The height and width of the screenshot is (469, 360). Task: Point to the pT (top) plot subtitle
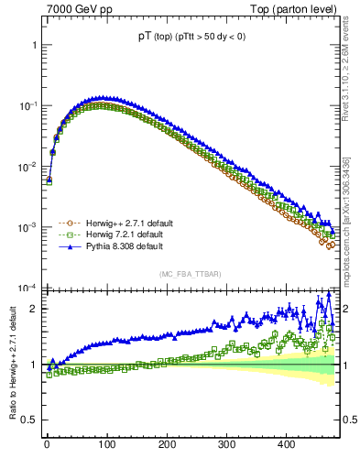[189, 36]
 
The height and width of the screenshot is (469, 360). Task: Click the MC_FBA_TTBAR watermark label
[189, 275]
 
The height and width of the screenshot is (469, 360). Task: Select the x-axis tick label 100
[106, 445]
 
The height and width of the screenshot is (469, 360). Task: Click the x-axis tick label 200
[167, 445]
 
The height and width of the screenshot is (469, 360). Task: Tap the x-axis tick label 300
[226, 445]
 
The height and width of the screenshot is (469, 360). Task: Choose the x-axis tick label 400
[286, 445]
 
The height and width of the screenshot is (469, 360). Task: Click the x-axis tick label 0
[47, 445]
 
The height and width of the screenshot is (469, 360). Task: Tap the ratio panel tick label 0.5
[28, 420]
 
